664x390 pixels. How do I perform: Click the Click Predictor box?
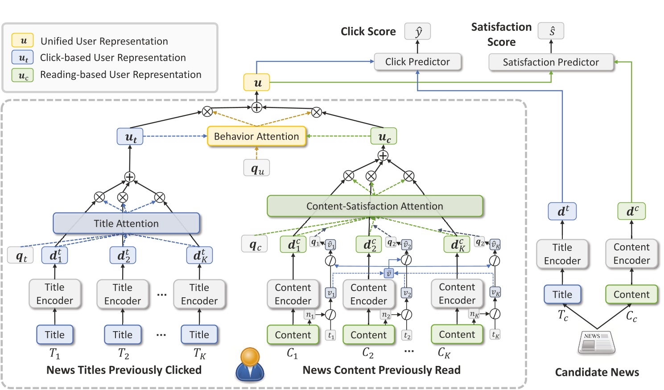click(x=417, y=62)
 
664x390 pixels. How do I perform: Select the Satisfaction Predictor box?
click(x=551, y=62)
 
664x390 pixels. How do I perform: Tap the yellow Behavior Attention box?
click(x=256, y=136)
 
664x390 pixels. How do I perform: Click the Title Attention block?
click(x=126, y=223)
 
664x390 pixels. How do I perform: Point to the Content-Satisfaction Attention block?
click(x=375, y=206)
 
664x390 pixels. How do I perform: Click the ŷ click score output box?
click(x=417, y=32)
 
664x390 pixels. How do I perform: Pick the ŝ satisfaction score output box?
click(x=551, y=31)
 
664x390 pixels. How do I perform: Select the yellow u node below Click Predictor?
click(x=256, y=82)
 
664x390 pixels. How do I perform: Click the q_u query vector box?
click(x=257, y=168)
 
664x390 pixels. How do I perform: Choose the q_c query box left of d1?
click(x=255, y=244)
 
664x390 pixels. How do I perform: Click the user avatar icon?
click(x=250, y=364)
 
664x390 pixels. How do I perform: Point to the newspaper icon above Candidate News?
click(x=596, y=342)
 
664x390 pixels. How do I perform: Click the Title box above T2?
click(x=123, y=335)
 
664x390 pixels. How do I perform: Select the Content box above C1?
click(x=293, y=335)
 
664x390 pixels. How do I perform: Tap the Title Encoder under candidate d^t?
click(x=562, y=254)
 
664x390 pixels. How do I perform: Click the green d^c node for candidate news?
click(x=631, y=211)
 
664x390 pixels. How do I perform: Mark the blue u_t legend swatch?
click(x=23, y=57)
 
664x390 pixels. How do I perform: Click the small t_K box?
click(x=495, y=335)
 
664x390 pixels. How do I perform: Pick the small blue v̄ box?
click(x=388, y=273)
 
